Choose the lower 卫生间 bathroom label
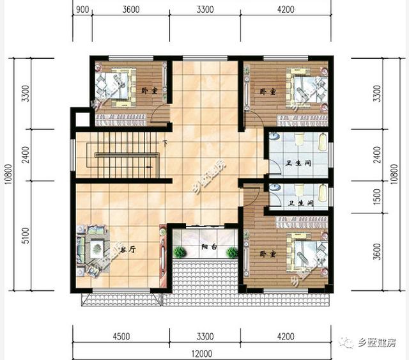pyautogui.click(x=300, y=203)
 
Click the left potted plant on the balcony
pyautogui.click(x=180, y=252)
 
